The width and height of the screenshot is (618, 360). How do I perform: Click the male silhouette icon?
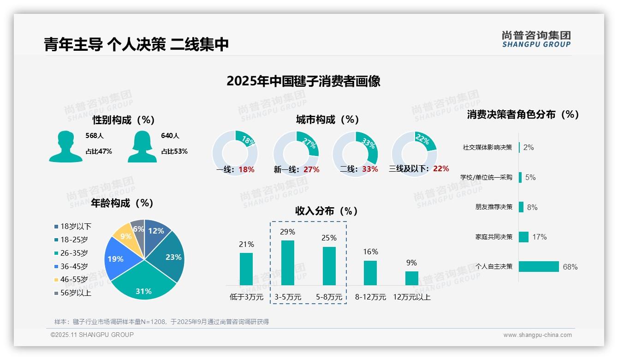(x=65, y=146)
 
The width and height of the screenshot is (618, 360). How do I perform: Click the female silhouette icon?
(x=142, y=146)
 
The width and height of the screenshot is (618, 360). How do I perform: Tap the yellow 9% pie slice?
(x=125, y=234)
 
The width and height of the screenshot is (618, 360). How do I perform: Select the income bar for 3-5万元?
(x=287, y=263)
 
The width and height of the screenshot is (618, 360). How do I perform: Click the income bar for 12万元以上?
(x=411, y=278)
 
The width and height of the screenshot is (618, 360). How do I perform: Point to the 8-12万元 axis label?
(x=370, y=297)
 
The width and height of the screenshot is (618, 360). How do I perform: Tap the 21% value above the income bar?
(x=246, y=244)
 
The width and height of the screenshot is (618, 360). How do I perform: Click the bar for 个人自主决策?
(x=539, y=266)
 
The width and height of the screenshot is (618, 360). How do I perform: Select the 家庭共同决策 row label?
(x=494, y=237)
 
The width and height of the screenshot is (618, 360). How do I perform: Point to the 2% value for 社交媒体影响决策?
(x=529, y=147)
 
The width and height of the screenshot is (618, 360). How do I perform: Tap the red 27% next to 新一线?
(x=311, y=169)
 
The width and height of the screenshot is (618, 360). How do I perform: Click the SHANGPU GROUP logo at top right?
(x=536, y=39)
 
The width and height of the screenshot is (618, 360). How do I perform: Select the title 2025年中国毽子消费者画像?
(x=303, y=81)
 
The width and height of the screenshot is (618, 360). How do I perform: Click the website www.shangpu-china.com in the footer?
(x=537, y=335)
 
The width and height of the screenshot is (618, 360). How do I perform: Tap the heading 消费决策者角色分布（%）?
(x=523, y=114)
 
